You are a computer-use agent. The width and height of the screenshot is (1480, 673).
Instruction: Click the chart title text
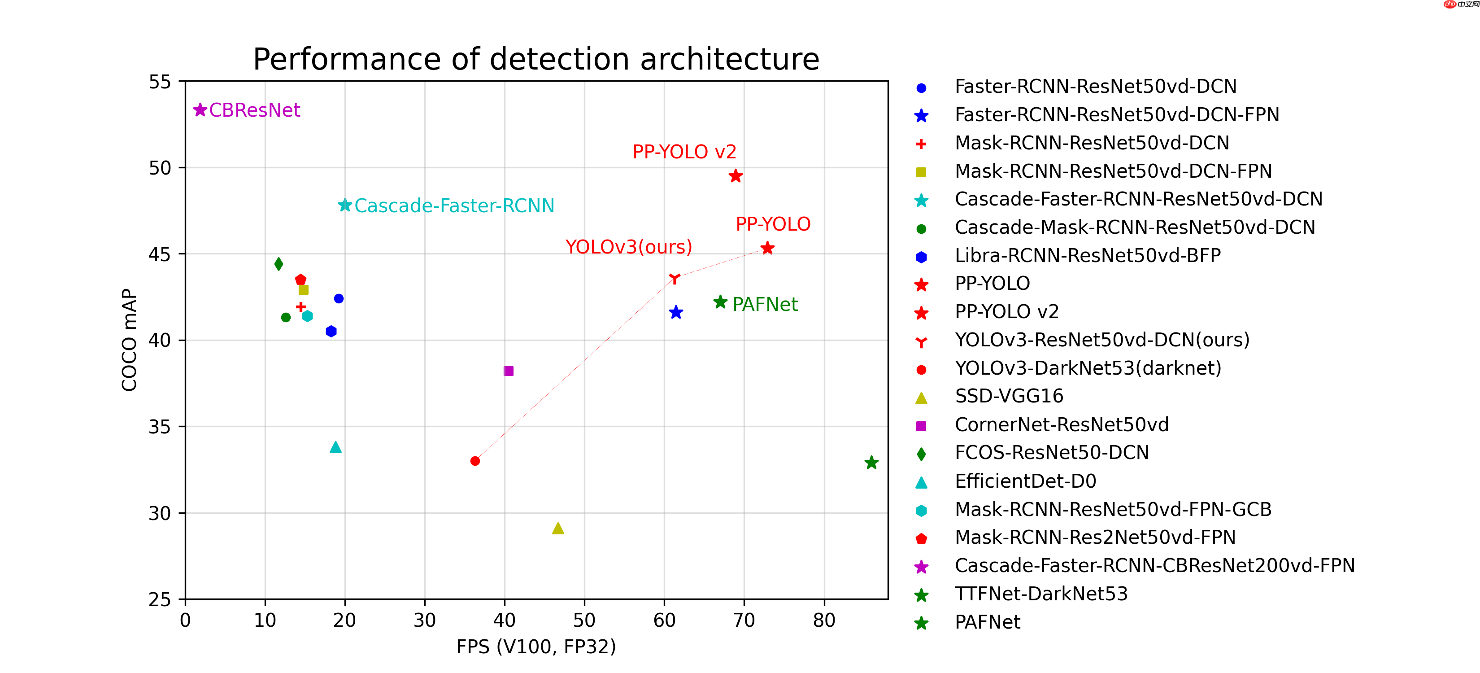coord(535,59)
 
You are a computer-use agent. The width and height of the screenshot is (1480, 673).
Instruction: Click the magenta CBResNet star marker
coord(200,110)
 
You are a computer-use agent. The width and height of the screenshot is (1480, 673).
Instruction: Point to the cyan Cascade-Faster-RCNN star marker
coord(345,205)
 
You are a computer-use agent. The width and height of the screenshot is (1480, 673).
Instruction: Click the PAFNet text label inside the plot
coord(765,304)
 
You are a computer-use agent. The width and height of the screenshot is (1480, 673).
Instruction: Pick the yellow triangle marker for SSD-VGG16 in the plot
coord(557,529)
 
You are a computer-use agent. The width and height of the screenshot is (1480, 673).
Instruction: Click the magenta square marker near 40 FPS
coord(509,371)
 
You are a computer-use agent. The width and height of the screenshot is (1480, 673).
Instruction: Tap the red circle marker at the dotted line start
coord(474,461)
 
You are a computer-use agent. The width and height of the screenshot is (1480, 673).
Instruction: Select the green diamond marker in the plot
coord(279,264)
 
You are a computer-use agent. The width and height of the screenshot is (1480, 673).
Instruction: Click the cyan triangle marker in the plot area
coord(335,447)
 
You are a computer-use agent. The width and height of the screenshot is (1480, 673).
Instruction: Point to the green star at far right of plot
coord(871,463)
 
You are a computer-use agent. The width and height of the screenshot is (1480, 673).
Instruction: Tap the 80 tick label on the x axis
coord(823,620)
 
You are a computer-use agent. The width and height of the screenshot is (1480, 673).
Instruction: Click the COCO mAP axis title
coord(129,340)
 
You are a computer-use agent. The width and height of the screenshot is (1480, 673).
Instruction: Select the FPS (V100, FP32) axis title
coord(535,647)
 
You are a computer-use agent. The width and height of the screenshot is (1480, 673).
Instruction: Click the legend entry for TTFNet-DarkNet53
coord(1040,594)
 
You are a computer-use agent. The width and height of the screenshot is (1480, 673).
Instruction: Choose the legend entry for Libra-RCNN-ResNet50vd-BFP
coord(1087,255)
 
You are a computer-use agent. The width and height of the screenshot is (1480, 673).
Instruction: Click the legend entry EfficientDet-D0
coord(1025,481)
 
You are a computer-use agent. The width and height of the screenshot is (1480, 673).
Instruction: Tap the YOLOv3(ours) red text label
coord(628,247)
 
